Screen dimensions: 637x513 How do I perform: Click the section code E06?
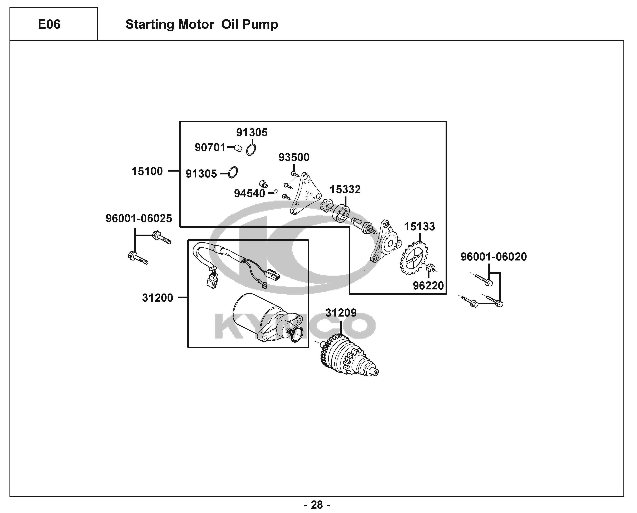point(49,24)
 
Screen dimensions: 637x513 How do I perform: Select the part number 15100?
point(147,171)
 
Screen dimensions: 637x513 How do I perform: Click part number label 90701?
point(210,148)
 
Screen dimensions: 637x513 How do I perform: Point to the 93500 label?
point(294,157)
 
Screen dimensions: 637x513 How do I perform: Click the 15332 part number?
point(345,189)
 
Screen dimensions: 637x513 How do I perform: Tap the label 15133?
point(419,226)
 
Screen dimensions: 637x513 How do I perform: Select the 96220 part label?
point(428,285)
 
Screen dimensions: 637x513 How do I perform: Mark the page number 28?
point(317,505)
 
